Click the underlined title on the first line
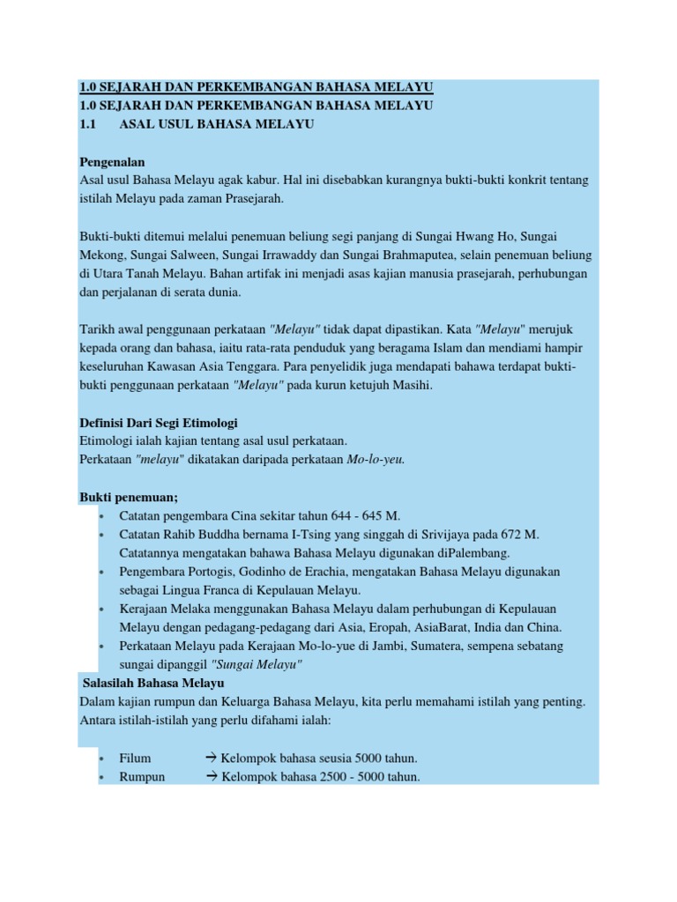pyautogui.click(x=256, y=87)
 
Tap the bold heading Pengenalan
pyautogui.click(x=112, y=163)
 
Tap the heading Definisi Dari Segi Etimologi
pyautogui.click(x=158, y=423)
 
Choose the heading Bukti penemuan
pyautogui.click(x=128, y=497)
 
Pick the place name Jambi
pyautogui.click(x=376, y=646)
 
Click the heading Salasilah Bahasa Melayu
pyautogui.click(x=153, y=683)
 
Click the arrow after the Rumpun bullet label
pyautogui.click(x=212, y=776)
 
